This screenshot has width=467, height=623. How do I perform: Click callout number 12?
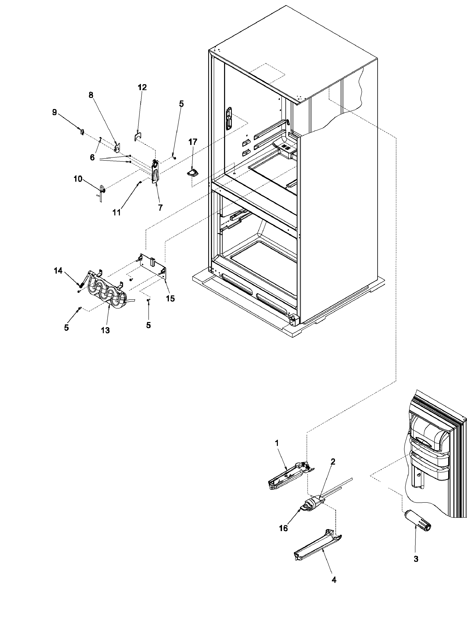[142, 87]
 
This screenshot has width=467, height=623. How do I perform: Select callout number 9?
[54, 112]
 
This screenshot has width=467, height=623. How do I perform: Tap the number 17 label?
[193, 142]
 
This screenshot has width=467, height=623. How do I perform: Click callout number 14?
[58, 271]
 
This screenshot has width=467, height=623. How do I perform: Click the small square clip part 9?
[82, 131]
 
